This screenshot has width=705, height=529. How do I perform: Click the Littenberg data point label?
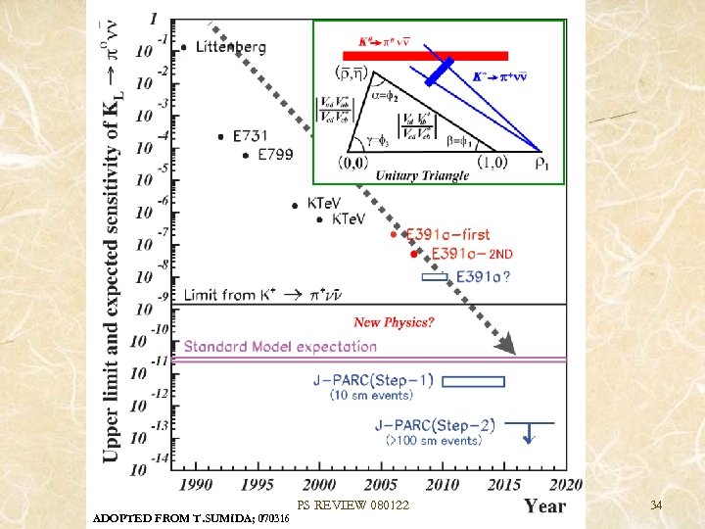click(230, 46)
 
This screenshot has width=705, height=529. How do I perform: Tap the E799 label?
click(276, 154)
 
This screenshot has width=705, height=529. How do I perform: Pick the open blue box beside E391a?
click(435, 277)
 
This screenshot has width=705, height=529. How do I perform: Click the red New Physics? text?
click(395, 322)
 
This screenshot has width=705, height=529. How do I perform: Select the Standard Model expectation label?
click(279, 346)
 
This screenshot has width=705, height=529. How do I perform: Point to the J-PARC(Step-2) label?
click(435, 425)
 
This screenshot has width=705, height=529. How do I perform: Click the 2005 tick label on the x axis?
click(381, 484)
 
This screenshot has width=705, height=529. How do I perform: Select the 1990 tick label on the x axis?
click(197, 484)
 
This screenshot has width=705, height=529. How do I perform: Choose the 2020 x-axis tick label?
click(566, 484)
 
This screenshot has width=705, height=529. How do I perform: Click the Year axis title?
click(544, 505)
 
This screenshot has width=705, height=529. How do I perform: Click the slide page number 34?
click(656, 505)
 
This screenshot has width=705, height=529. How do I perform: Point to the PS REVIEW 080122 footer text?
click(353, 505)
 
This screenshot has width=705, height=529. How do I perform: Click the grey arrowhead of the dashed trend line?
click(505, 344)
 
